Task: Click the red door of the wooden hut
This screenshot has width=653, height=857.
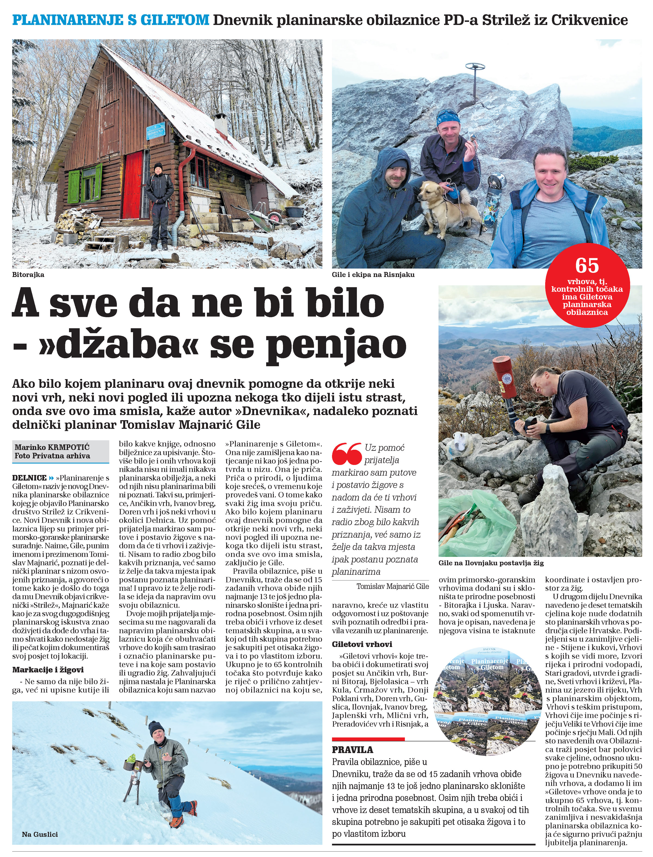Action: (133, 185)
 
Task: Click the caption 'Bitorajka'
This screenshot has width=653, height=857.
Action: (28, 275)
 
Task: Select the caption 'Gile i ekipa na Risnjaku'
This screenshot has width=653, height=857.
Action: (373, 275)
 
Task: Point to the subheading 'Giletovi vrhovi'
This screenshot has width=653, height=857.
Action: (362, 644)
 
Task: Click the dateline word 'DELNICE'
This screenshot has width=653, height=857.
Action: (29, 478)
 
